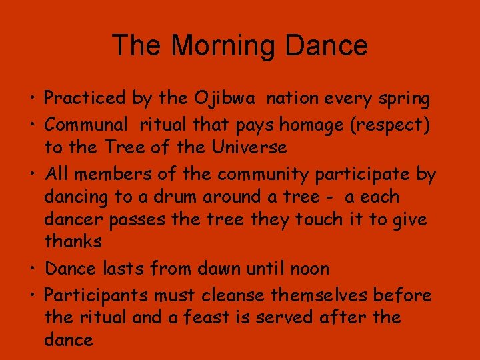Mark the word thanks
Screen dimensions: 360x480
coord(73,241)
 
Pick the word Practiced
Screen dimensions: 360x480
coord(85,99)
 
